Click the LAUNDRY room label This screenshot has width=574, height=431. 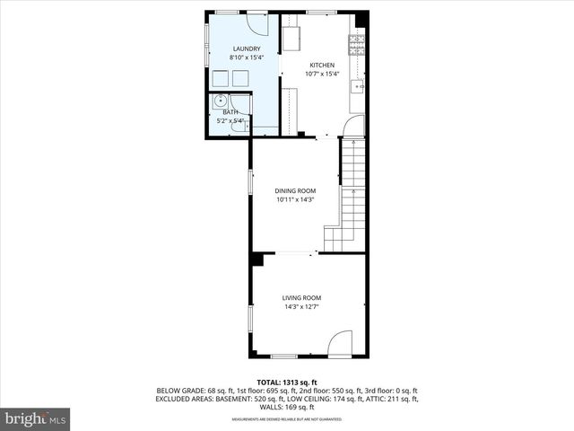(x=247, y=48)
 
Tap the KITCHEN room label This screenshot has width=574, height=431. (x=322, y=66)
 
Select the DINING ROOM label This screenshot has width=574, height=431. (x=296, y=190)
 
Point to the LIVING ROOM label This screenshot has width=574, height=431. (x=301, y=298)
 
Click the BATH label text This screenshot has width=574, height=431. (x=230, y=111)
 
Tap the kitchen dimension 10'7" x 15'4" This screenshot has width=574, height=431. (x=322, y=75)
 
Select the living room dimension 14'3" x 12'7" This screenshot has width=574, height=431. (x=301, y=307)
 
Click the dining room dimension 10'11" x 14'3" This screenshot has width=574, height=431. (x=296, y=199)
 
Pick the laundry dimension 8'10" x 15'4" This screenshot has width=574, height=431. (x=247, y=57)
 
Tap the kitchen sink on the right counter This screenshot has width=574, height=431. (x=358, y=86)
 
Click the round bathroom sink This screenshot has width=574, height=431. (x=220, y=103)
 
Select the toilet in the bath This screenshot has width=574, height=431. (x=237, y=128)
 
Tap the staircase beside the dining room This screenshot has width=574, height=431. (x=352, y=198)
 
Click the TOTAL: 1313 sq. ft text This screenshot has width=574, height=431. (x=287, y=383)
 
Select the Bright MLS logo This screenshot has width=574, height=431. (x=36, y=418)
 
